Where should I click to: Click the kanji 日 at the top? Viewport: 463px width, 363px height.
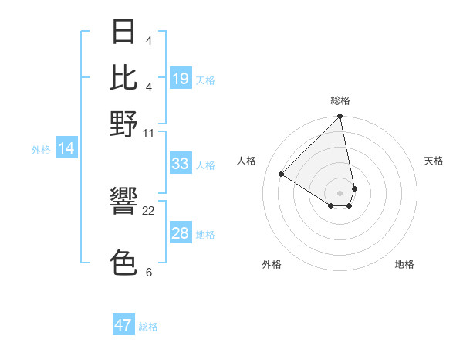(123, 32)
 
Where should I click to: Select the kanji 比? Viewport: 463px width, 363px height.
(123, 77)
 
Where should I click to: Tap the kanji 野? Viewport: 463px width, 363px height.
(123, 124)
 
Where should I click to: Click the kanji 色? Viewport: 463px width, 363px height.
(123, 263)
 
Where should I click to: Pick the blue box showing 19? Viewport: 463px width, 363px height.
(181, 79)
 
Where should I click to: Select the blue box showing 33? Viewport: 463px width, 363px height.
(181, 164)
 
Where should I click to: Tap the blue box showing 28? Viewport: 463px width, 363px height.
(181, 233)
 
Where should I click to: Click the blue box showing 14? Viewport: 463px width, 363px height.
(66, 148)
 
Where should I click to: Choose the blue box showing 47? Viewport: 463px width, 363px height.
(123, 325)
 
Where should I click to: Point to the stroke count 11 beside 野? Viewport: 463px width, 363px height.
(149, 133)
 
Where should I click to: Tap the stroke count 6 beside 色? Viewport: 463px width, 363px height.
(149, 272)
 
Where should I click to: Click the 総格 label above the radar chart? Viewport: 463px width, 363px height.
(340, 100)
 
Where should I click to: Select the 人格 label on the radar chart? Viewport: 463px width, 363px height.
(247, 161)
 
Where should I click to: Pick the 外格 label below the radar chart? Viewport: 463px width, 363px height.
(272, 264)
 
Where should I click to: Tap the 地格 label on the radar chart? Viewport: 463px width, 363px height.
(404, 264)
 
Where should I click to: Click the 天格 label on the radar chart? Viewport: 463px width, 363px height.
(434, 161)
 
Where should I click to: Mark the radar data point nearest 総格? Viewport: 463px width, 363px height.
(340, 117)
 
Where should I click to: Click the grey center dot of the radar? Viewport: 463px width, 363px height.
(340, 192)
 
